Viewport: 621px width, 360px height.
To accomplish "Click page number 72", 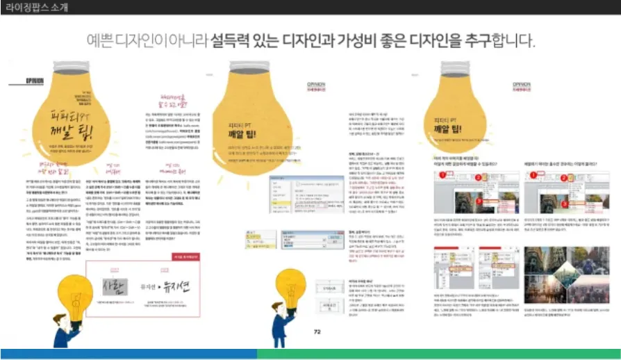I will tap(317, 332).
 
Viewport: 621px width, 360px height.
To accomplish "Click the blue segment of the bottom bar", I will tap(129, 354).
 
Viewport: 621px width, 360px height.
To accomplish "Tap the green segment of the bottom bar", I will tap(438, 354).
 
